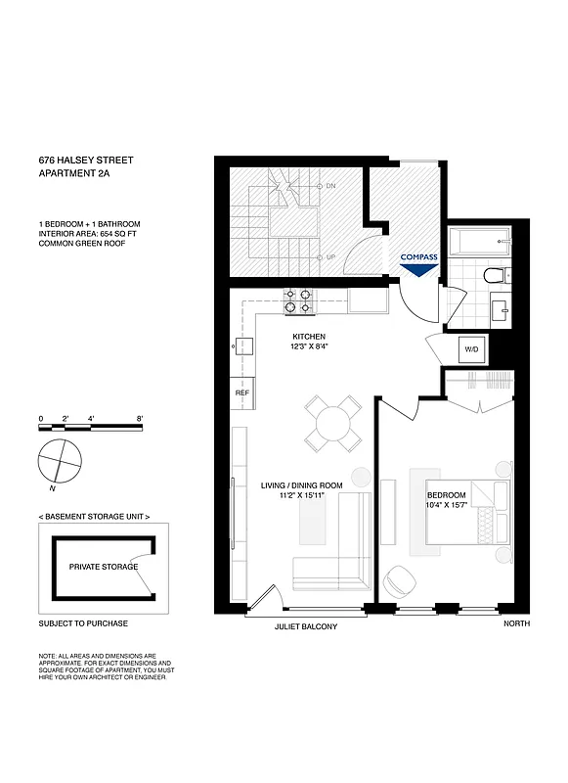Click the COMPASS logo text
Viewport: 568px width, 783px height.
(x=418, y=258)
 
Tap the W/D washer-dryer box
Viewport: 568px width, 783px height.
(x=471, y=349)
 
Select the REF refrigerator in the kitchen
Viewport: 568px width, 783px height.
(x=241, y=392)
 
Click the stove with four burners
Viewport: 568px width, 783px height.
(x=299, y=302)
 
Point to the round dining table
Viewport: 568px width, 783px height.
(x=331, y=423)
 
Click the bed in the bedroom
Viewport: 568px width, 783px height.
(x=467, y=515)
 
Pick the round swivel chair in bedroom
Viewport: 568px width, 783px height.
(x=399, y=580)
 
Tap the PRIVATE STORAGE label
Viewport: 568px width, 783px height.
(x=103, y=567)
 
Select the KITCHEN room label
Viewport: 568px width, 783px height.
(x=309, y=337)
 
